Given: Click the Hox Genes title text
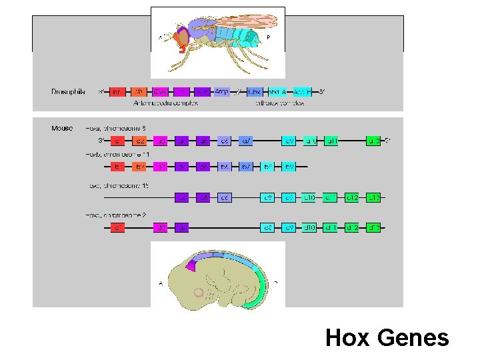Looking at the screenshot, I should tap(387, 338).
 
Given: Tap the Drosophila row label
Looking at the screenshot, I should tap(68, 91).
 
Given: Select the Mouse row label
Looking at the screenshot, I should tap(62, 128).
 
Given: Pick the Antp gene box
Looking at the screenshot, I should tap(222, 91).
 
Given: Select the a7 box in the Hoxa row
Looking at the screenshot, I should tap(245, 141).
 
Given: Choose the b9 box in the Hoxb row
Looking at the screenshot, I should tap(289, 166).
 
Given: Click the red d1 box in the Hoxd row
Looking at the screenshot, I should tap(117, 228).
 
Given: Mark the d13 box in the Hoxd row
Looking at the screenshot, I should tap(374, 228).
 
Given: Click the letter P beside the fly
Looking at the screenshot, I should tap(269, 37).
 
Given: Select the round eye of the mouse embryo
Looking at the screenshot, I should tap(198, 292).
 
